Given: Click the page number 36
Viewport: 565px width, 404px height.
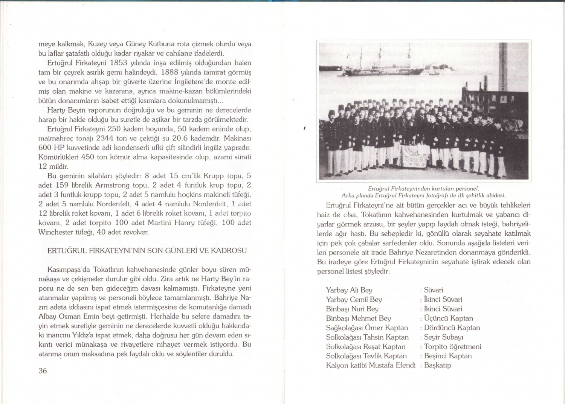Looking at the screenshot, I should click(43, 370).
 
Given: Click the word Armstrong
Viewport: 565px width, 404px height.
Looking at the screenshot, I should click(112, 185).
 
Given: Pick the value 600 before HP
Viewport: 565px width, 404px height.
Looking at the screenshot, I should click(45, 147).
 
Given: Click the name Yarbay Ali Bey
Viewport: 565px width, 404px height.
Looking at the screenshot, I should click(349, 290).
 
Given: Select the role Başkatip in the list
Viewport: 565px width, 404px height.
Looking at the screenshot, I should click(438, 365).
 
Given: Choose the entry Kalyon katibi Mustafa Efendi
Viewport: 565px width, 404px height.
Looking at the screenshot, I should click(371, 365).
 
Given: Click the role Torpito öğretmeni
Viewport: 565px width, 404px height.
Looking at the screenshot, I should click(453, 346).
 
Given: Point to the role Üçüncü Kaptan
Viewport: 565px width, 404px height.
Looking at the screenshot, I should click(449, 318).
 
